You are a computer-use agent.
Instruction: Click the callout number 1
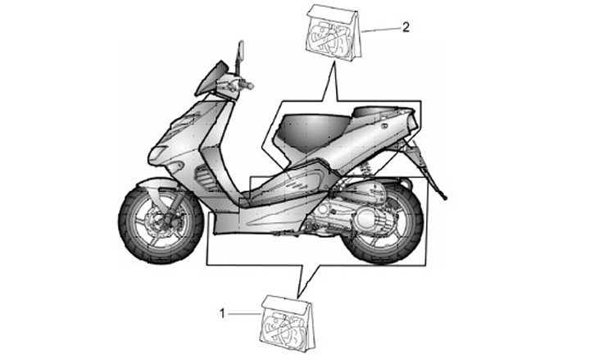[x=222, y=312]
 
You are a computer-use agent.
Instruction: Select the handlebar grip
[x=245, y=84]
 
